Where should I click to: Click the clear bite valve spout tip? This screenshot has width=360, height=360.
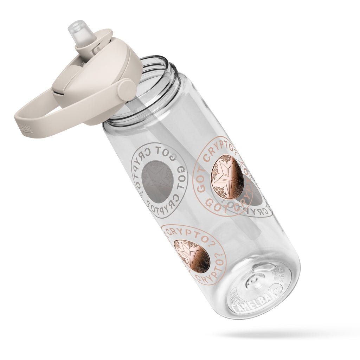coord(76,28)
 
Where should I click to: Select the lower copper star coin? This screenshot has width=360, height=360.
coord(191,256)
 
